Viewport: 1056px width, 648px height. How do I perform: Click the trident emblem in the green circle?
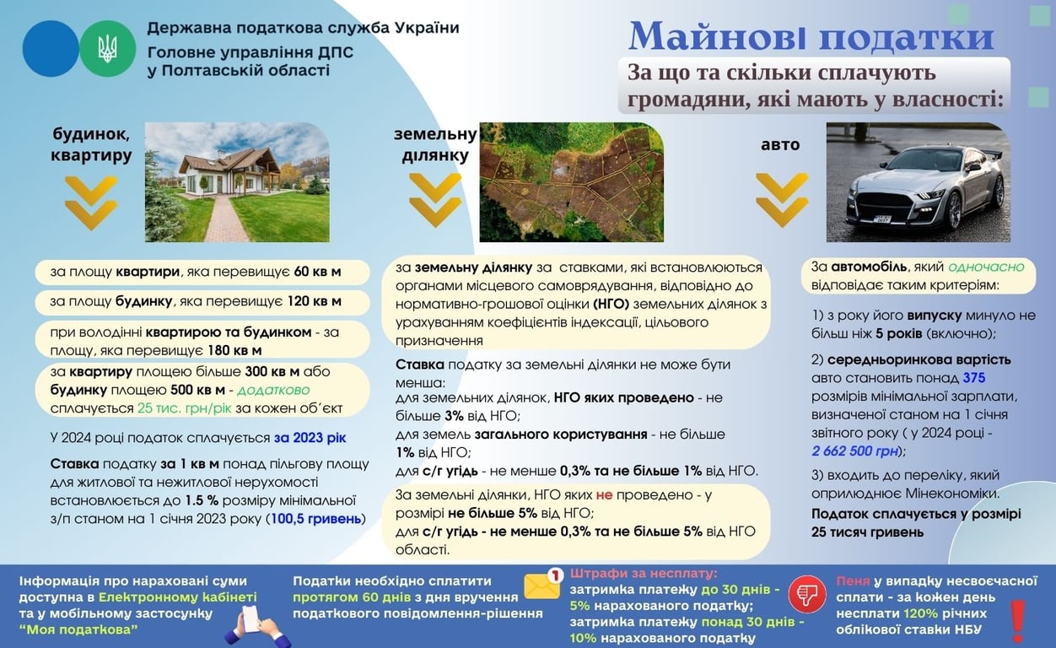pyautogui.click(x=107, y=49)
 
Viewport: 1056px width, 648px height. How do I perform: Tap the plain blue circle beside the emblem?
pyautogui.click(x=51, y=49)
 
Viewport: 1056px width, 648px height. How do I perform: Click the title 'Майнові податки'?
pyautogui.click(x=811, y=36)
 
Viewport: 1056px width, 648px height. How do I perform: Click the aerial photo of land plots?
pyautogui.click(x=571, y=182)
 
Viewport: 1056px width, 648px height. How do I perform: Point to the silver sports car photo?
pyautogui.click(x=918, y=182)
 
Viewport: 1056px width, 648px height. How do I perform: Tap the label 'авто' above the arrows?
pyautogui.click(x=780, y=144)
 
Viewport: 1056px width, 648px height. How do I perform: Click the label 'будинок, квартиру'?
pyautogui.click(x=91, y=144)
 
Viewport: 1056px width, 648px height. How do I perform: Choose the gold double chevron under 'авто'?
pyautogui.click(x=782, y=200)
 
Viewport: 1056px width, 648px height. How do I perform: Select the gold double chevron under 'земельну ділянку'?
pyautogui.click(x=435, y=200)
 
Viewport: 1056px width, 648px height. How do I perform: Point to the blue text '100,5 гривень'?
pyautogui.click(x=316, y=518)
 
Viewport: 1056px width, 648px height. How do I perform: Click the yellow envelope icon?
pyautogui.click(x=542, y=585)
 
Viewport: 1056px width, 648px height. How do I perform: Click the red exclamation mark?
pyautogui.click(x=1017, y=619)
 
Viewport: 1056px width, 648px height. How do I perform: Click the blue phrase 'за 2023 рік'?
pyautogui.click(x=310, y=438)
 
